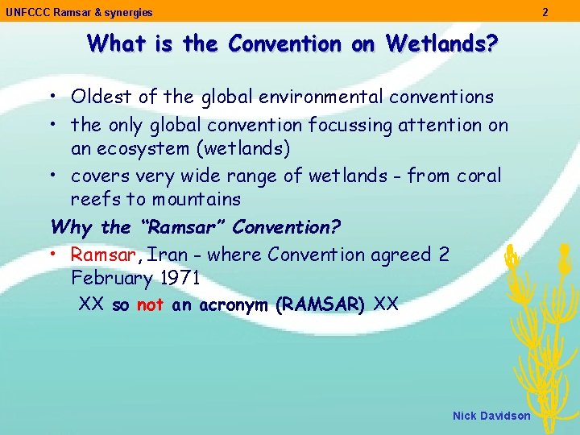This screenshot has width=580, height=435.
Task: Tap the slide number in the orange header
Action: pyautogui.click(x=545, y=12)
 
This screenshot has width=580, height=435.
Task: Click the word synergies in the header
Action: pyautogui.click(x=128, y=12)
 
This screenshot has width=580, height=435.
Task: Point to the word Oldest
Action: pyautogui.click(x=101, y=97)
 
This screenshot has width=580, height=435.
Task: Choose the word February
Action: pyautogui.click(x=111, y=279)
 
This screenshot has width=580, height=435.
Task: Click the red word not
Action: pyautogui.click(x=150, y=305)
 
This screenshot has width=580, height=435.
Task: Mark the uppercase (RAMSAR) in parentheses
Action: pyautogui.click(x=320, y=305)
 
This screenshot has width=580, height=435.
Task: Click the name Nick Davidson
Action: pyautogui.click(x=491, y=416)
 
